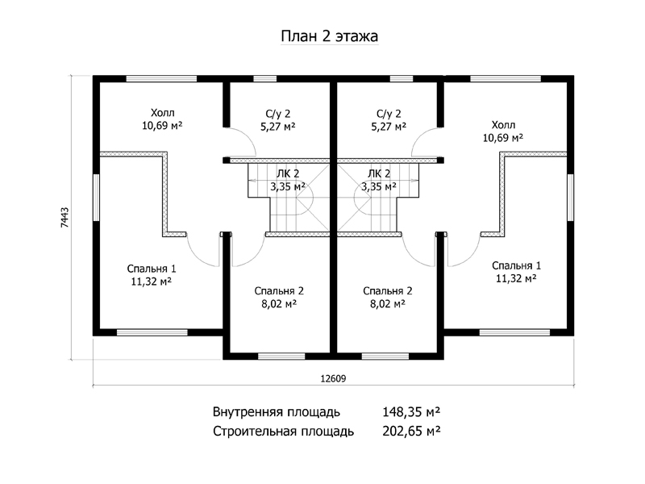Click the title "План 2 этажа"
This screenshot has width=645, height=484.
(x=329, y=36)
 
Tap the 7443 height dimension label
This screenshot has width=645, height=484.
(x=64, y=217)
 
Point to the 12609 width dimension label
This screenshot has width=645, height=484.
(x=333, y=378)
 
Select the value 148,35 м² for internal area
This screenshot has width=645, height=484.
(x=411, y=411)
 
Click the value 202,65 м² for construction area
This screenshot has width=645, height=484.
(x=411, y=431)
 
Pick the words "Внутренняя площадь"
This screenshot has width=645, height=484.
(x=277, y=412)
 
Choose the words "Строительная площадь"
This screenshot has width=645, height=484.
(x=284, y=432)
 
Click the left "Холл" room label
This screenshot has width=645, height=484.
(x=163, y=113)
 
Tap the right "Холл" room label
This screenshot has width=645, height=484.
(x=503, y=125)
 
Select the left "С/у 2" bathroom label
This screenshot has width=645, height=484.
(x=278, y=114)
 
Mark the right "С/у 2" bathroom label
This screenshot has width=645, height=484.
(x=389, y=114)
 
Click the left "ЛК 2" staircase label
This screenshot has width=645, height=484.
(x=288, y=174)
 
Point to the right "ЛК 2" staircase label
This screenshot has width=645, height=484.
(x=379, y=174)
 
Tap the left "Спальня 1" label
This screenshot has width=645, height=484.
(x=152, y=269)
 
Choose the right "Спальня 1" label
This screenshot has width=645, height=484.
(x=516, y=265)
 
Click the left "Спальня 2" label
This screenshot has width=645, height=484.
(x=279, y=291)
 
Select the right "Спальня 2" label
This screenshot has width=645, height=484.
(x=388, y=291)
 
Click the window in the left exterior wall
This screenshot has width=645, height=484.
(x=96, y=198)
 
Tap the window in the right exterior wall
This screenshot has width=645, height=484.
(x=570, y=198)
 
